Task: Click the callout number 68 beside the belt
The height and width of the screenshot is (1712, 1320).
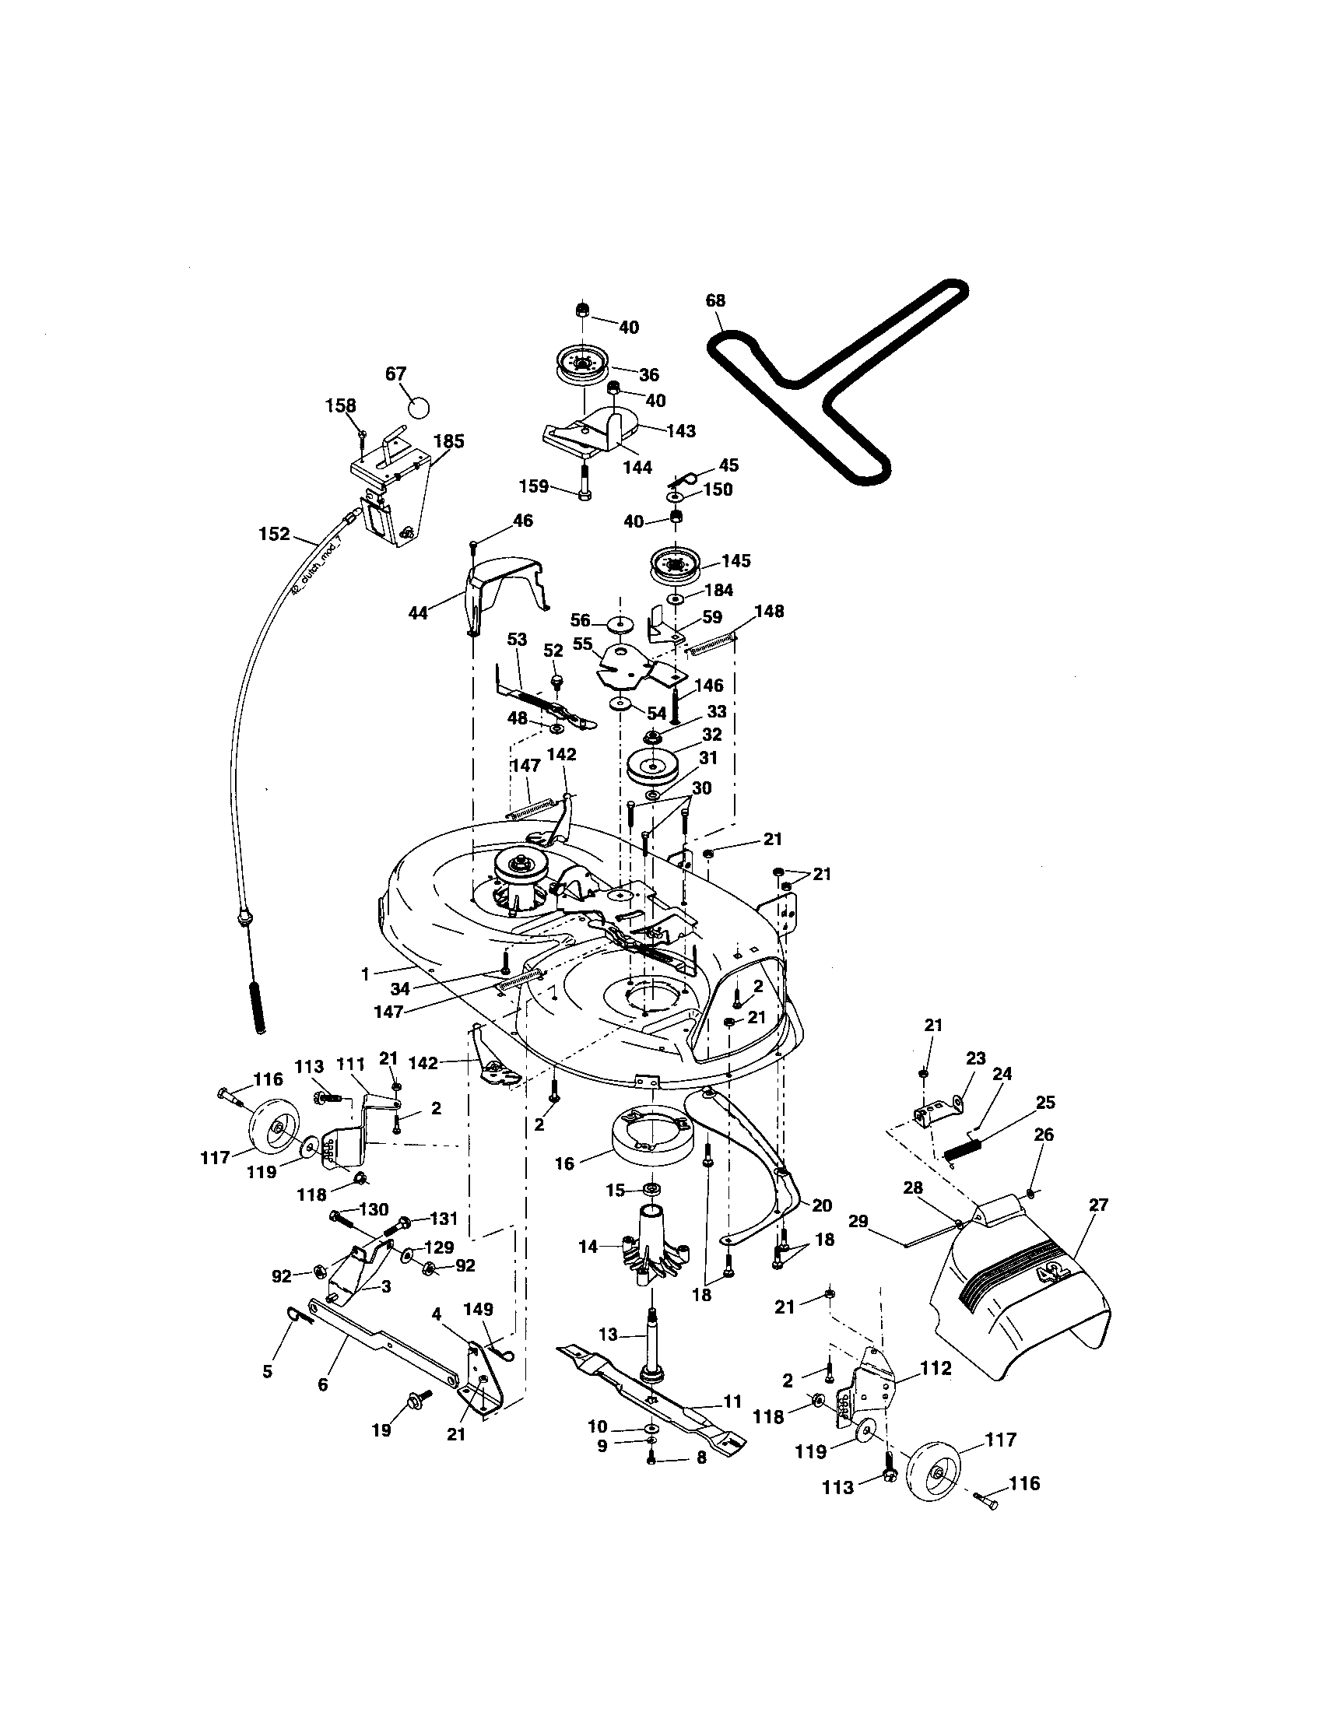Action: point(714,301)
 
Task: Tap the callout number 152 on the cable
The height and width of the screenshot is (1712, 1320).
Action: point(274,535)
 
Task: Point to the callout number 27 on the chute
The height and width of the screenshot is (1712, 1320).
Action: point(1098,1205)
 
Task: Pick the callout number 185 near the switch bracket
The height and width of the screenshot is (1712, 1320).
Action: point(448,441)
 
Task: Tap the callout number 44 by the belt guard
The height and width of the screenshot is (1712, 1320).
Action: point(419,613)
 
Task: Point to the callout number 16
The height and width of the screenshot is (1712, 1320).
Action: point(564,1164)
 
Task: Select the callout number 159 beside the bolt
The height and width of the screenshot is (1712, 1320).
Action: point(533,486)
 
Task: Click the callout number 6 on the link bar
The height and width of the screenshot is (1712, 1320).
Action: point(322,1385)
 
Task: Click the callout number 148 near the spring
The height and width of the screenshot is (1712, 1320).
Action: point(769,611)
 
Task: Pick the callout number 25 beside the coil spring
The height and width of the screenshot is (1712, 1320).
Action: point(1044,1102)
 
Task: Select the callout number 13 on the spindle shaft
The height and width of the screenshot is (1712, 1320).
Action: point(609,1333)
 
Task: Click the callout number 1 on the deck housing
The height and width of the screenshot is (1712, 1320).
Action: point(365,974)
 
